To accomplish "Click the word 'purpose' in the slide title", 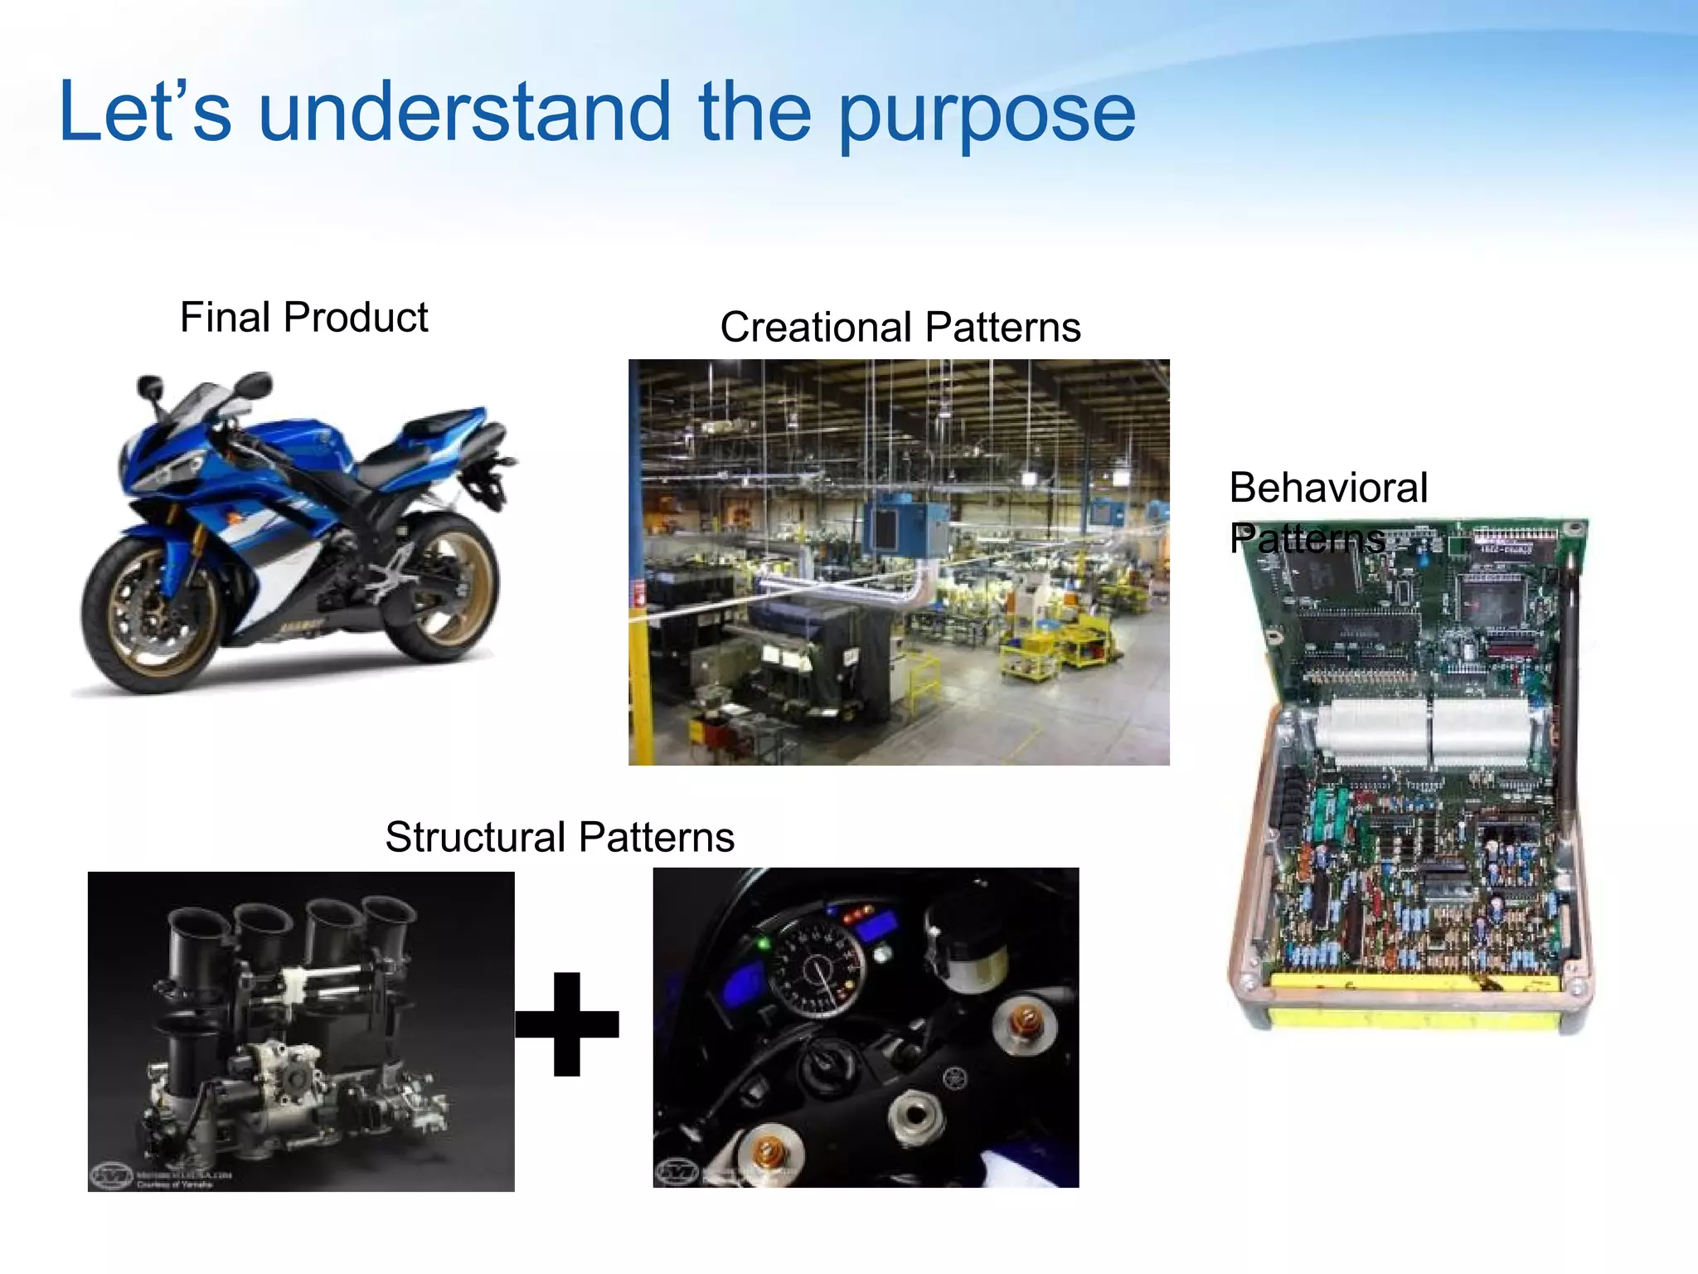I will [987, 116].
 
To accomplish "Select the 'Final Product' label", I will [303, 318].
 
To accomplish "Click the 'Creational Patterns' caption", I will [900, 327].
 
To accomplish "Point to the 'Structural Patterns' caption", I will [560, 837].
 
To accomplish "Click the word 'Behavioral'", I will [1328, 488].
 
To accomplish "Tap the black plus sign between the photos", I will [567, 1024].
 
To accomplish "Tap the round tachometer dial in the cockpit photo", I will [817, 970].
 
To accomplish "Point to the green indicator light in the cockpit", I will [764, 943].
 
